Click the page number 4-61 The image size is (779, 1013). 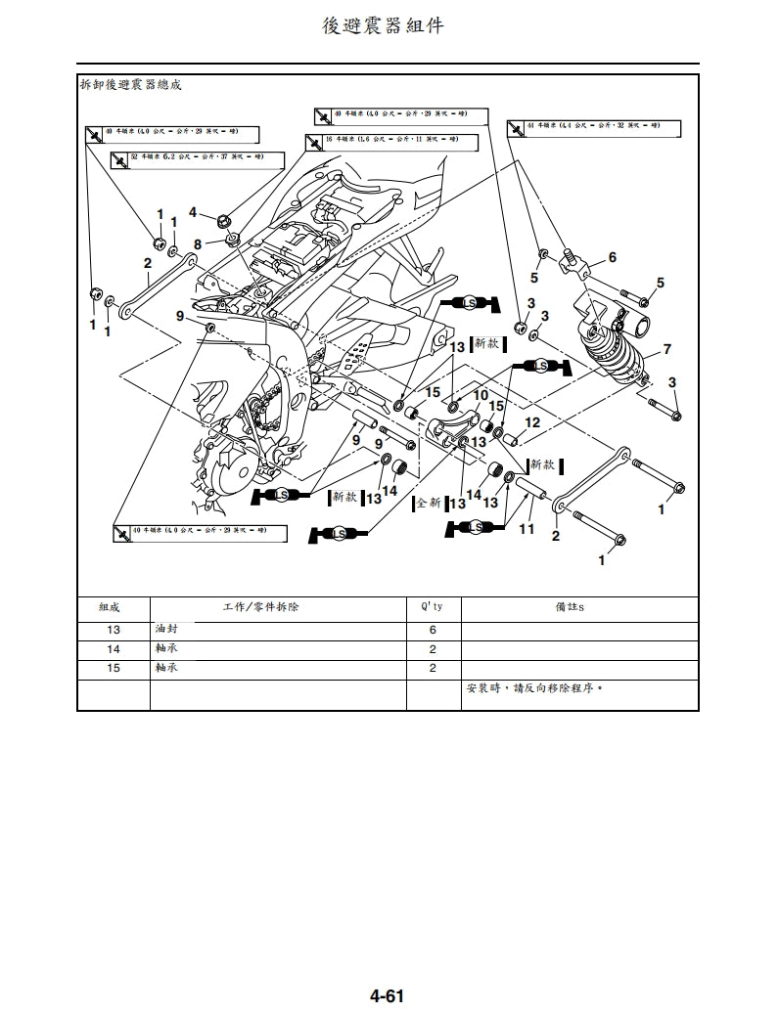click(387, 995)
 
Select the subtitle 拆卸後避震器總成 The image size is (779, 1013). click(131, 85)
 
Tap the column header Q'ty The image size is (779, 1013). click(432, 607)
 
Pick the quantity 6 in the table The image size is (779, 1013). click(433, 631)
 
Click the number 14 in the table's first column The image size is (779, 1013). click(114, 649)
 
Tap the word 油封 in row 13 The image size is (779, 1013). click(166, 630)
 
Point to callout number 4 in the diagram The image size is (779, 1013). click(194, 211)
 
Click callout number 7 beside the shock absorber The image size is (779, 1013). click(666, 349)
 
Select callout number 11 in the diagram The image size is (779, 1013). click(527, 529)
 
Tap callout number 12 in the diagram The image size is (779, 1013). click(532, 422)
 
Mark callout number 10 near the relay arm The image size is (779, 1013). click(481, 395)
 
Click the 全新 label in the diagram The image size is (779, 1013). click(429, 503)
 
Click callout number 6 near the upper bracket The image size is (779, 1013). click(612, 257)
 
